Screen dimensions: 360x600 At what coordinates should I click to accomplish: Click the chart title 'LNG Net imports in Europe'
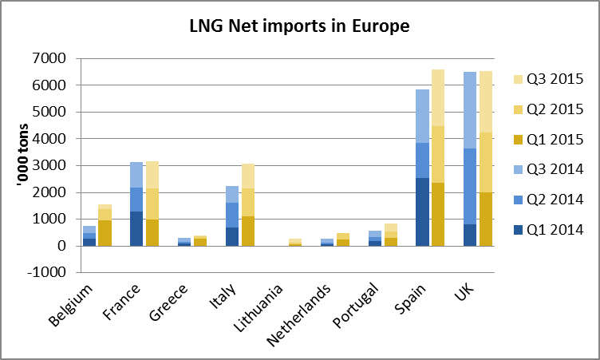pyautogui.click(x=299, y=27)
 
